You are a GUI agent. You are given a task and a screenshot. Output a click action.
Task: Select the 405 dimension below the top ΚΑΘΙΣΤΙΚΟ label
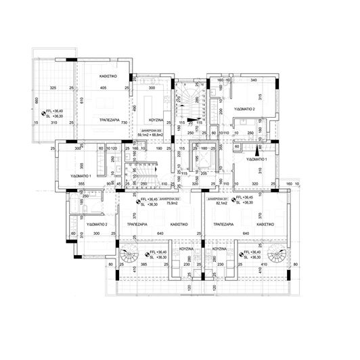click(x=104, y=89)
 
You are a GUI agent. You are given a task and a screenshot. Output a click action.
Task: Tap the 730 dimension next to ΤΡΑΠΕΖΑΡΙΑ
click(x=124, y=122)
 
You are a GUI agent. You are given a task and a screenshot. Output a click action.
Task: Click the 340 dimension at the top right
click(x=253, y=81)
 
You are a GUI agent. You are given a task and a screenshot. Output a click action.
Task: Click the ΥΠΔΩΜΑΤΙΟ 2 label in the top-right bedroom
click(x=244, y=108)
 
